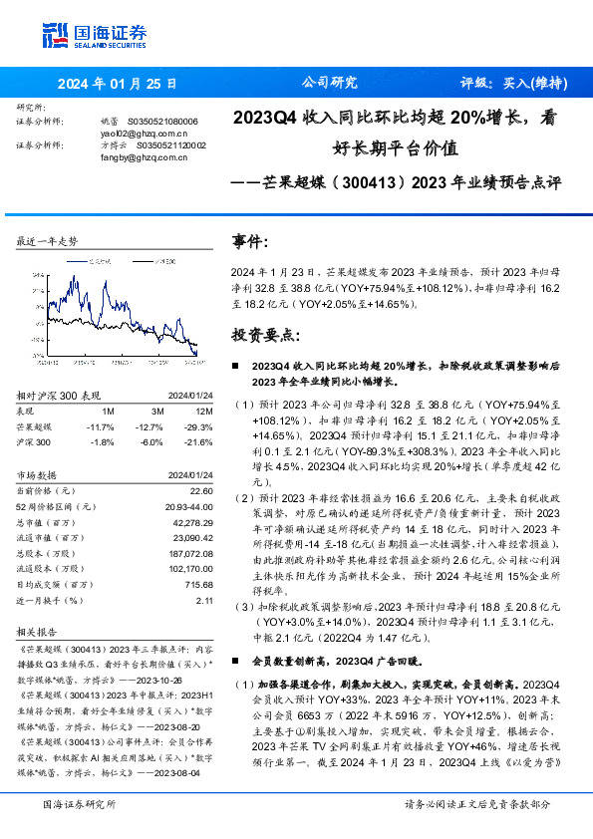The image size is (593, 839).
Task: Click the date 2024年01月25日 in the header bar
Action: click(x=118, y=84)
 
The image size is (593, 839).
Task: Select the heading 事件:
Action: click(x=250, y=242)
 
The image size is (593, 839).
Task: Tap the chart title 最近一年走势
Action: click(x=48, y=242)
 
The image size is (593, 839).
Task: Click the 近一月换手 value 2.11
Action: click(x=204, y=601)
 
